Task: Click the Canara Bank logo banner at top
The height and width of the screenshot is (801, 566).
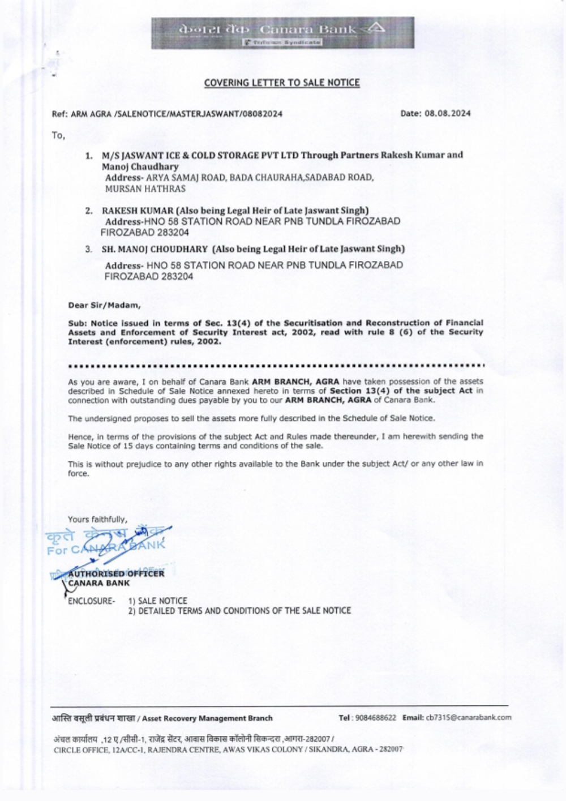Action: pos(282,32)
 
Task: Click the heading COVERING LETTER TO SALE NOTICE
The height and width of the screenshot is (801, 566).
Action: pos(282,83)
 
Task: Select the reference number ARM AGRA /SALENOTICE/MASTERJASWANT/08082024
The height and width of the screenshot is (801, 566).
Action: pos(176,114)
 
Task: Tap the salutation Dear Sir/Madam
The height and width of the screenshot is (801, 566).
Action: pos(104,306)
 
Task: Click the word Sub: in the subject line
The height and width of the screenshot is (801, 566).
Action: pos(76,323)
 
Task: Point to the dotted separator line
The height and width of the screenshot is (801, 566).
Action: pos(276,365)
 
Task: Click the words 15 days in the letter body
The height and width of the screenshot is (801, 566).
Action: pos(138,446)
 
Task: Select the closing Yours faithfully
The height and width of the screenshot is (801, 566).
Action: pos(97,519)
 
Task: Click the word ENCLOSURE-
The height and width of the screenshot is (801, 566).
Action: pos(91,601)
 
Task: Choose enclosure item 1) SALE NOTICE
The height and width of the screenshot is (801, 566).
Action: pos(157,601)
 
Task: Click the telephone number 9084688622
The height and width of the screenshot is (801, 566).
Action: pos(376,718)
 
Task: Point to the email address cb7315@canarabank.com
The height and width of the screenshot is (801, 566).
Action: pos(468,718)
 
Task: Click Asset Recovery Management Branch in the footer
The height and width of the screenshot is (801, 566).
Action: pos(207,718)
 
